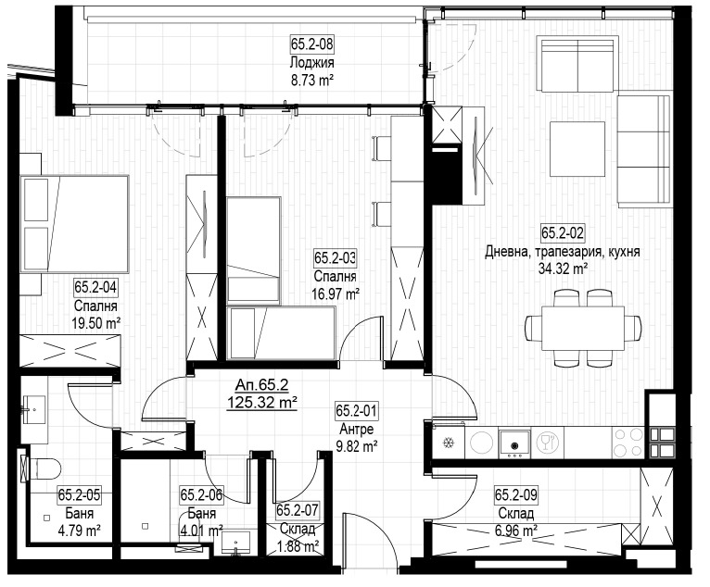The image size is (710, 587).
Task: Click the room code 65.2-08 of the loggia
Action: (312, 44)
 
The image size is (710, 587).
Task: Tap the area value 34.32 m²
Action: (563, 269)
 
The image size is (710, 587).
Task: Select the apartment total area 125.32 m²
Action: (262, 401)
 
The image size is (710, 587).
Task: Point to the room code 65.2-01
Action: (357, 411)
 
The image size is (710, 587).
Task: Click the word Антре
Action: (357, 429)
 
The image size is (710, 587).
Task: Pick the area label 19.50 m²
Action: (96, 323)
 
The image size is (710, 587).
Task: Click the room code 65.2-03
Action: (336, 257)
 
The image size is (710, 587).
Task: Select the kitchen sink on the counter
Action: (514, 442)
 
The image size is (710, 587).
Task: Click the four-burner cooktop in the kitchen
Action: (628, 443)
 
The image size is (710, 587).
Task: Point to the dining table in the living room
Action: (583, 328)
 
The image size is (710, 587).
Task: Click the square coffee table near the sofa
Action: (577, 149)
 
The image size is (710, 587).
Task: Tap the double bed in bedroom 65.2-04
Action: (75, 223)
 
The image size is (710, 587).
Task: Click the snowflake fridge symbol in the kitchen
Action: (449, 443)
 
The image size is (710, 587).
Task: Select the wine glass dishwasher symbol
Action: (547, 442)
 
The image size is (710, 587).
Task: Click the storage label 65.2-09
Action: (516, 494)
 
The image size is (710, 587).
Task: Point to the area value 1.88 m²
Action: (298, 546)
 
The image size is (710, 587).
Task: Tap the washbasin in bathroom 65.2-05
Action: (34, 410)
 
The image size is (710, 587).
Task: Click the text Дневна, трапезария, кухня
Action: (563, 252)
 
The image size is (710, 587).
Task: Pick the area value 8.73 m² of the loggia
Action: (312, 81)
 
